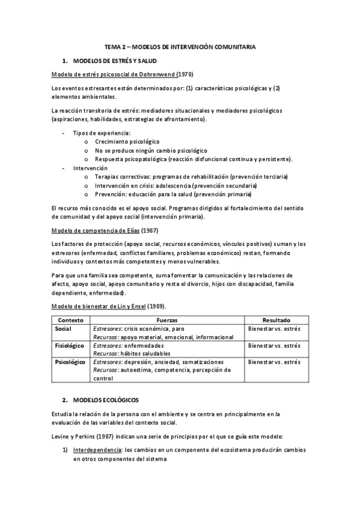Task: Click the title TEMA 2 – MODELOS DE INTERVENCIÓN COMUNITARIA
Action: tap(180, 46)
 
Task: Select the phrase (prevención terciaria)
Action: tap(258, 177)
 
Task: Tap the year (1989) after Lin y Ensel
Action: tap(159, 307)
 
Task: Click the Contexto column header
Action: tap(68, 321)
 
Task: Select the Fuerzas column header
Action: tap(166, 321)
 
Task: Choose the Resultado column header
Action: tap(277, 321)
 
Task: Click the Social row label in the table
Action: tap(63, 329)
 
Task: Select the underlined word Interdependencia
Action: tap(96, 450)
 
